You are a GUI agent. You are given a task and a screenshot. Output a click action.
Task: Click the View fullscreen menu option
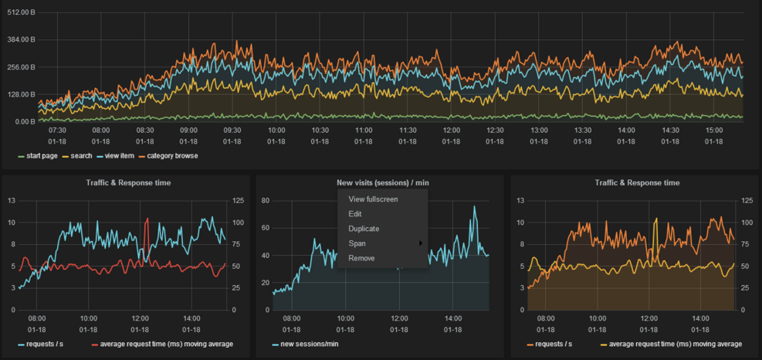point(373,199)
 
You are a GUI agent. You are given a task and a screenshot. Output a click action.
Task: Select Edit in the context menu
point(355,214)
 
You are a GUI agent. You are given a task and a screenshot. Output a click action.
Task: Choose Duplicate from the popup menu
point(364,229)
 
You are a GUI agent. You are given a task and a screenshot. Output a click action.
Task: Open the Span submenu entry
point(357,243)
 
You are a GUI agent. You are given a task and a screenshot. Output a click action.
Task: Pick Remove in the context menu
point(361,258)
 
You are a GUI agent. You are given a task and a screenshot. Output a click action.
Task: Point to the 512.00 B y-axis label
point(19,13)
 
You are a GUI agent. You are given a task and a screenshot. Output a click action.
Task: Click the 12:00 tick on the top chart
point(452,131)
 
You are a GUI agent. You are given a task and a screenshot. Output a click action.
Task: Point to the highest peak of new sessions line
point(475,206)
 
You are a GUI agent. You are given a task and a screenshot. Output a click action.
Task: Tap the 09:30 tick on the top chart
point(232,131)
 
